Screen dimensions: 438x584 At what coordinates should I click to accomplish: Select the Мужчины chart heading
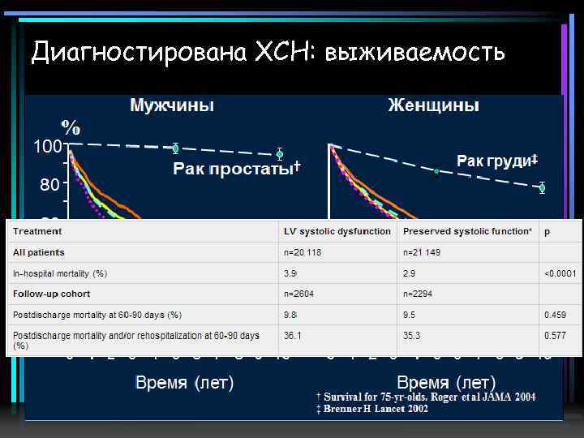click(172, 105)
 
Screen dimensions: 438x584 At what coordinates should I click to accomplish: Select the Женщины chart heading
click(433, 105)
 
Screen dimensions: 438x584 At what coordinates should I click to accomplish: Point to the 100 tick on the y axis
click(47, 147)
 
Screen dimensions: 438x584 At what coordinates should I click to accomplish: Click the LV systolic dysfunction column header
click(337, 232)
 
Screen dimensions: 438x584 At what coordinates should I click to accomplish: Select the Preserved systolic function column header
click(467, 232)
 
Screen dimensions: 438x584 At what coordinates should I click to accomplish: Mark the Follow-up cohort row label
click(51, 294)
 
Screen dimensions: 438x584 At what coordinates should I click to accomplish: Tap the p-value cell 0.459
click(556, 314)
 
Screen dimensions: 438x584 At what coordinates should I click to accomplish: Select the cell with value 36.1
click(293, 334)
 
